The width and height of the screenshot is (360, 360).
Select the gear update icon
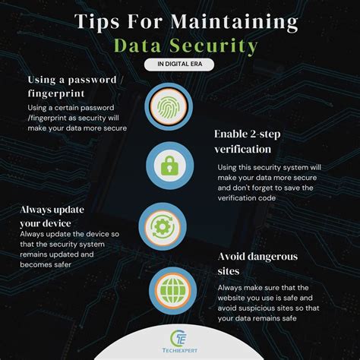click(x=162, y=226)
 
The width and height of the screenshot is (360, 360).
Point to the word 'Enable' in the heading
click(x=233, y=135)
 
